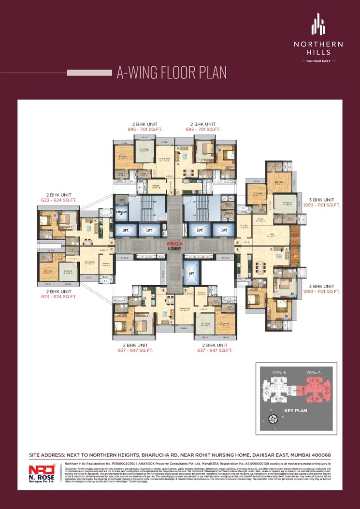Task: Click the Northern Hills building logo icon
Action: pyautogui.click(x=318, y=25)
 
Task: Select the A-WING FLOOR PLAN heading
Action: pyautogui.click(x=172, y=73)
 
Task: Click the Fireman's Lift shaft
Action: pyautogui.click(x=121, y=213)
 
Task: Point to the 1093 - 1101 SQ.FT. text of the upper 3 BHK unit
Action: pyautogui.click(x=322, y=205)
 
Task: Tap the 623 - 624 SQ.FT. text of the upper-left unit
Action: pyautogui.click(x=58, y=200)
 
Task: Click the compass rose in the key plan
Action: pyautogui.click(x=274, y=419)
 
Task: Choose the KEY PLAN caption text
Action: pyautogui.click(x=296, y=411)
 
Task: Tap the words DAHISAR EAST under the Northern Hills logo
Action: pyautogui.click(x=318, y=61)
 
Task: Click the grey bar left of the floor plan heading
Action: pyautogui.click(x=89, y=73)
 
